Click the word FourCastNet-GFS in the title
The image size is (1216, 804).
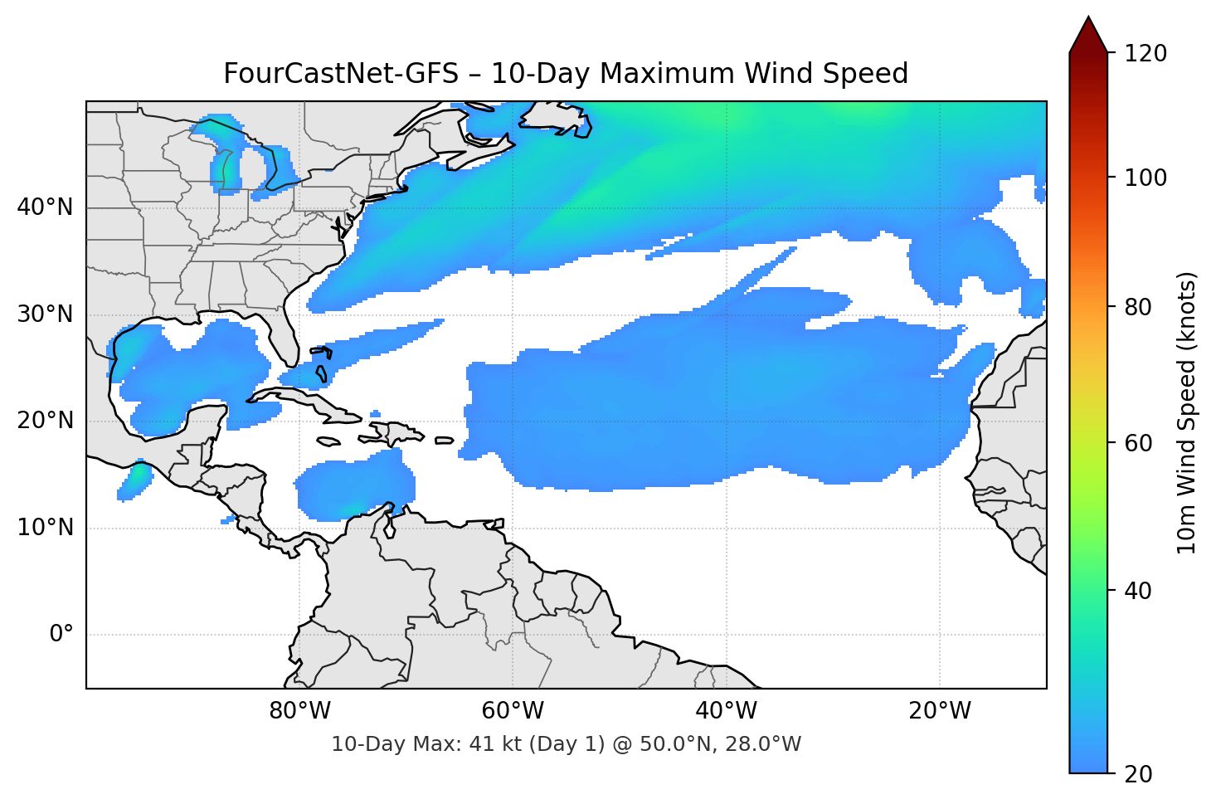pyautogui.click(x=341, y=74)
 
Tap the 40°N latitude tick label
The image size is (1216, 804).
pyautogui.click(x=45, y=207)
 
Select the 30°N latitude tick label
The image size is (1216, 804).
pyautogui.click(x=45, y=314)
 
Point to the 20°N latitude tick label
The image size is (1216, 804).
pyautogui.click(x=45, y=421)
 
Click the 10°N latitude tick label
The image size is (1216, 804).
pyautogui.click(x=45, y=528)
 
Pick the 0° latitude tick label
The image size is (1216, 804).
pyautogui.click(x=61, y=635)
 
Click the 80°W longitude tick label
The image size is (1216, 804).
pyautogui.click(x=299, y=711)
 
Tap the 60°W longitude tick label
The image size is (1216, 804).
pyautogui.click(x=513, y=711)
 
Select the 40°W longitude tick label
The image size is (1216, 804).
pyautogui.click(x=726, y=711)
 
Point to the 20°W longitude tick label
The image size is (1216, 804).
pyautogui.click(x=939, y=711)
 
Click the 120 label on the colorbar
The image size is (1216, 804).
pyautogui.click(x=1145, y=54)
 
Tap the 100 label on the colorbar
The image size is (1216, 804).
pyautogui.click(x=1145, y=178)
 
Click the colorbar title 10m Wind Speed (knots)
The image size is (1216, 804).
pyautogui.click(x=1187, y=412)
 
